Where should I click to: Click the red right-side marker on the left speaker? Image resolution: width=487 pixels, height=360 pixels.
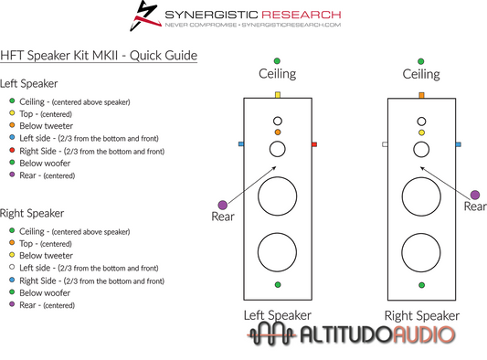(314, 144)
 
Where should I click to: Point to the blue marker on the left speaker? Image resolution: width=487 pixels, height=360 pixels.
(241, 144)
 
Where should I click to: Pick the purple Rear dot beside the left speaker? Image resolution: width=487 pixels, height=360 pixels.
(221, 205)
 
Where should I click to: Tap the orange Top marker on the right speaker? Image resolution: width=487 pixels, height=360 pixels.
(421, 95)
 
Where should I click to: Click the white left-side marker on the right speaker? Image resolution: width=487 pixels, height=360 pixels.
(385, 144)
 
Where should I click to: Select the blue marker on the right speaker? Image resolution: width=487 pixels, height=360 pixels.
(458, 144)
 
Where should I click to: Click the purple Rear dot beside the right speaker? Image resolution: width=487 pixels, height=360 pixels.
(475, 194)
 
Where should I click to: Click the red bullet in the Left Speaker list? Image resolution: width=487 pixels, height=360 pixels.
(12, 149)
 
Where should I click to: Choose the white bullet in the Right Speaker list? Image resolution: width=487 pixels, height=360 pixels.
(12, 269)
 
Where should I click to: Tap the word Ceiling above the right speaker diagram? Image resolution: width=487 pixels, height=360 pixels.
(421, 74)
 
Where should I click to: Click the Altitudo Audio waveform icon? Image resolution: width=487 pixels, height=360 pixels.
(272, 334)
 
